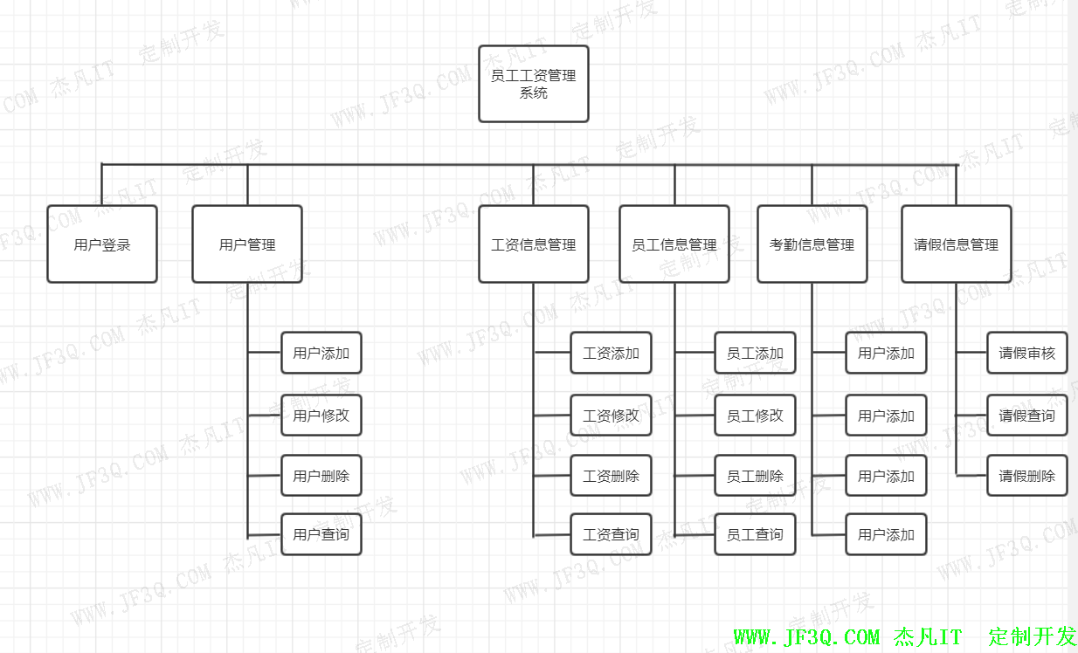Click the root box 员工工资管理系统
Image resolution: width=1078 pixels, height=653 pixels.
pos(534,84)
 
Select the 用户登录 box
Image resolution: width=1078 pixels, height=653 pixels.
pos(102,244)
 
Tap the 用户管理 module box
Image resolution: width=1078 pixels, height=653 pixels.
pos(247,244)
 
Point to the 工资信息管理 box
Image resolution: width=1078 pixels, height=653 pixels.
pos(534,244)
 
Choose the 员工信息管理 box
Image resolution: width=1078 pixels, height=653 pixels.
pos(674,244)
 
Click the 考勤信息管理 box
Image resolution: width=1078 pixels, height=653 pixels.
pos(812,244)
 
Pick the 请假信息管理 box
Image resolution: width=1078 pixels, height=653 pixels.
pos(957,244)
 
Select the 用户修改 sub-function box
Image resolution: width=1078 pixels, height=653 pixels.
pos(321,416)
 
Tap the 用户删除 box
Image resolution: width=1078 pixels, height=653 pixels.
pos(321,476)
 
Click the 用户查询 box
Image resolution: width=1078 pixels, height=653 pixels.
pos(321,534)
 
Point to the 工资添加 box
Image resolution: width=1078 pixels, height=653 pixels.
pos(612,353)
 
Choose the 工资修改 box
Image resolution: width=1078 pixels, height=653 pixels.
pos(612,416)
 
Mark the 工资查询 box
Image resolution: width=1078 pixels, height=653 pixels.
pos(612,534)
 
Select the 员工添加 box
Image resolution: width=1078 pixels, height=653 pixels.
pos(756,353)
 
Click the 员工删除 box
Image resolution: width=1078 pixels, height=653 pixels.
pos(756,476)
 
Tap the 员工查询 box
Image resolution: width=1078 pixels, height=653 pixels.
pos(756,534)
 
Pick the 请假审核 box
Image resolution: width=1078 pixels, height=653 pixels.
pos(1027,353)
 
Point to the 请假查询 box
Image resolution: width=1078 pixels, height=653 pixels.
pos(1027,416)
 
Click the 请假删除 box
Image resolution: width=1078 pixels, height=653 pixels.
pos(1027,476)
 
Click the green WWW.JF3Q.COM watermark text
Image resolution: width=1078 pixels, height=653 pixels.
pos(806,637)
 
